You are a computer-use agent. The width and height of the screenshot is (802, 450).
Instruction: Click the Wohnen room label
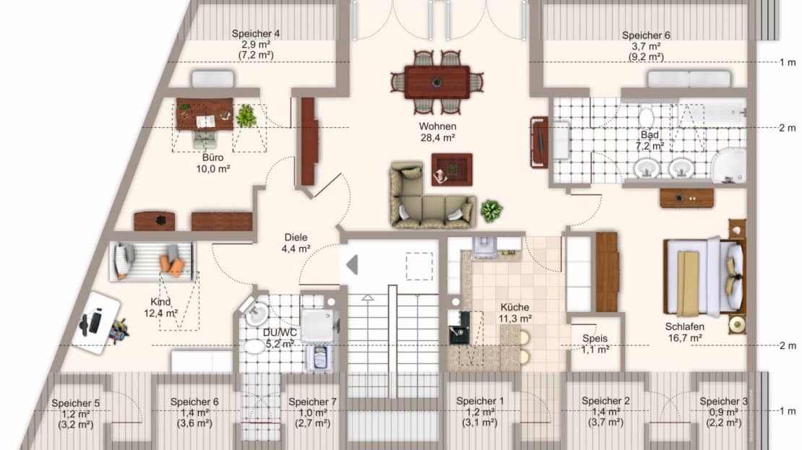(x=437, y=126)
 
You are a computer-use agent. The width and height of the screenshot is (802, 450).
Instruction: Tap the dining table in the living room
(x=437, y=82)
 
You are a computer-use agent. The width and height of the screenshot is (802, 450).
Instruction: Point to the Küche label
(x=514, y=307)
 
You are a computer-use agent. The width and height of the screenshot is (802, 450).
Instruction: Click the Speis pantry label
(x=595, y=339)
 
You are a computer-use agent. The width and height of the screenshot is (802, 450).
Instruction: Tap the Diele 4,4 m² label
(x=296, y=243)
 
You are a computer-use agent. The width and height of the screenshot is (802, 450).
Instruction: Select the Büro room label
(x=212, y=157)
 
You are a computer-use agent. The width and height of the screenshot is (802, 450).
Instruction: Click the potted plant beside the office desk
(x=246, y=116)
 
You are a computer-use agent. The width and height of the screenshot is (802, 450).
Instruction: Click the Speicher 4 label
(x=256, y=34)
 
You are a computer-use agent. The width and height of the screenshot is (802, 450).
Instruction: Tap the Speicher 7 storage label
(x=313, y=402)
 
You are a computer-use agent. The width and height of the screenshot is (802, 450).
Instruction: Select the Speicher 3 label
(x=724, y=402)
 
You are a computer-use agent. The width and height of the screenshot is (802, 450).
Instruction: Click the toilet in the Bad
(x=647, y=116)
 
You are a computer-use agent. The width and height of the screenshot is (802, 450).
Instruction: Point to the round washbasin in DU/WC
(x=256, y=313)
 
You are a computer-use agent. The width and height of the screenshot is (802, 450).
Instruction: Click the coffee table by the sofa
(x=452, y=169)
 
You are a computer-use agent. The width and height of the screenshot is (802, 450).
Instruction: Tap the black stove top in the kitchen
(x=458, y=329)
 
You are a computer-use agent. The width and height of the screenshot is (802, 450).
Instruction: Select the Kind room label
(x=160, y=302)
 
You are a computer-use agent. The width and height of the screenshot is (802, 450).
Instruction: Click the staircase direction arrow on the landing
(x=351, y=265)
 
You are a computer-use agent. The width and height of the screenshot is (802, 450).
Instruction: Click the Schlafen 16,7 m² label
(x=684, y=332)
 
